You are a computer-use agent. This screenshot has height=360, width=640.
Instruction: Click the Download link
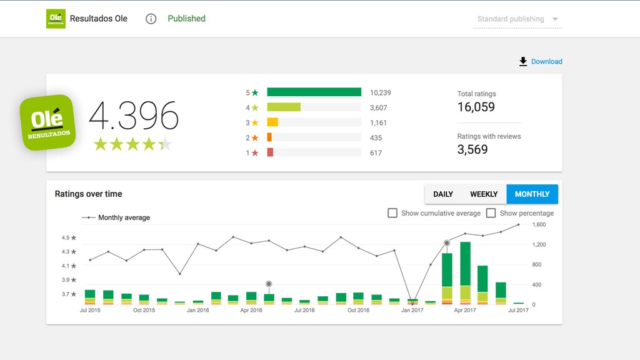541,62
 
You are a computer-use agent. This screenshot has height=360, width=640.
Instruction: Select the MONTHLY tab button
532,194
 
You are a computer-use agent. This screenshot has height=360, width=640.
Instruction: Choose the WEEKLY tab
484,194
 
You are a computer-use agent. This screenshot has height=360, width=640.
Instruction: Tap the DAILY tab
443,194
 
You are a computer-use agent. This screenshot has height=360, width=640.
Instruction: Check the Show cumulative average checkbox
392,213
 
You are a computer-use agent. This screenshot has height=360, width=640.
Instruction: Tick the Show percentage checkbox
491,213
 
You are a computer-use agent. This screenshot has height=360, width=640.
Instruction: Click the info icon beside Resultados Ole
151,19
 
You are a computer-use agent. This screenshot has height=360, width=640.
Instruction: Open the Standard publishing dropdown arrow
555,19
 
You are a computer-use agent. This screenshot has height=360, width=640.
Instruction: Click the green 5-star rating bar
314,92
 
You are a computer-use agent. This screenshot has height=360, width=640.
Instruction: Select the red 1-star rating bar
270,152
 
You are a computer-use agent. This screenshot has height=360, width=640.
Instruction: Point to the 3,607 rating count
378,107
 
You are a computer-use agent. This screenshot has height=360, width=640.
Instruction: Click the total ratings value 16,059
476,107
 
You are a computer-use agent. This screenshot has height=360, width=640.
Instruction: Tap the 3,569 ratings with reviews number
472,149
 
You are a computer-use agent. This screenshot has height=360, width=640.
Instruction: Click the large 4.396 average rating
134,116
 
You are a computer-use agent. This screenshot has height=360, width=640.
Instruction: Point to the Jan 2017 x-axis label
412,310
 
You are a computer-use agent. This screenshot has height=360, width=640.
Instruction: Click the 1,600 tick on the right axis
539,224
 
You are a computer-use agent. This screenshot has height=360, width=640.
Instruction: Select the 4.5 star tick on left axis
69,237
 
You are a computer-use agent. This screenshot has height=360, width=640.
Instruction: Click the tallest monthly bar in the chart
465,273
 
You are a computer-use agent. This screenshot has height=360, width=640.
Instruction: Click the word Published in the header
186,18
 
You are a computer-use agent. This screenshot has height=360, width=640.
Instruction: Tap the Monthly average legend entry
116,217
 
